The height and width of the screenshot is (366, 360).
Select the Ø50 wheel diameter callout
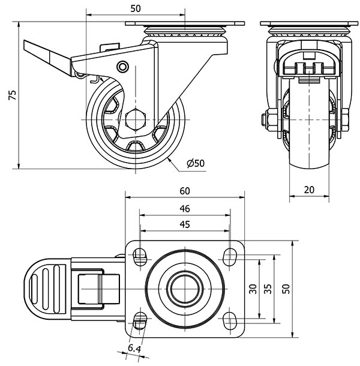[x=195, y=163]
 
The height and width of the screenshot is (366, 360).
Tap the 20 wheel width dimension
[x=310, y=189]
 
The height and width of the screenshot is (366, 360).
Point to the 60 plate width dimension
[x=185, y=191]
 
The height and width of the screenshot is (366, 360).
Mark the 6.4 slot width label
[x=133, y=349]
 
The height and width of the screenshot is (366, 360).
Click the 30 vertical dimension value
[x=253, y=289]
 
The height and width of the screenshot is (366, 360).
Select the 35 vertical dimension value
[x=268, y=289]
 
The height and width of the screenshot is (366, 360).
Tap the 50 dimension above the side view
[x=136, y=8]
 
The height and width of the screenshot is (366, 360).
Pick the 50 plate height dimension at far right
[x=287, y=289]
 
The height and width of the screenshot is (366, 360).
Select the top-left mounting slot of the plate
[x=140, y=257]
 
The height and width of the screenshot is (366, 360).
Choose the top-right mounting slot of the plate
[x=230, y=257]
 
